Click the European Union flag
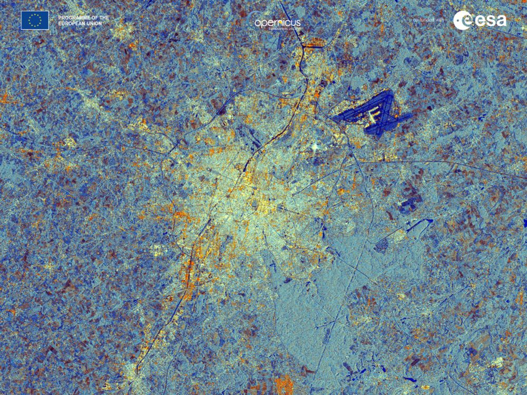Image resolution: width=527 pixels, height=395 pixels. coord(35,20)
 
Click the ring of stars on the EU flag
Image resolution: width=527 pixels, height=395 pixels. coord(35,20)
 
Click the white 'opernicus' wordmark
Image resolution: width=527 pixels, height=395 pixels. coord(278,23)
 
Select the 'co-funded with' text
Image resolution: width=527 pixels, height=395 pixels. coord(430,20)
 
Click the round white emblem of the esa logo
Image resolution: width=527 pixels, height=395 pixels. coord(462,20)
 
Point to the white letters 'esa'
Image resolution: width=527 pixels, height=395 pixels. coord(489,21)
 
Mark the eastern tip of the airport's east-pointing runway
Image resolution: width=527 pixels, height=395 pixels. coord(412,115)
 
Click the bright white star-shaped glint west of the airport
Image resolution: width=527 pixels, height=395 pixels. coord(316,146)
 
